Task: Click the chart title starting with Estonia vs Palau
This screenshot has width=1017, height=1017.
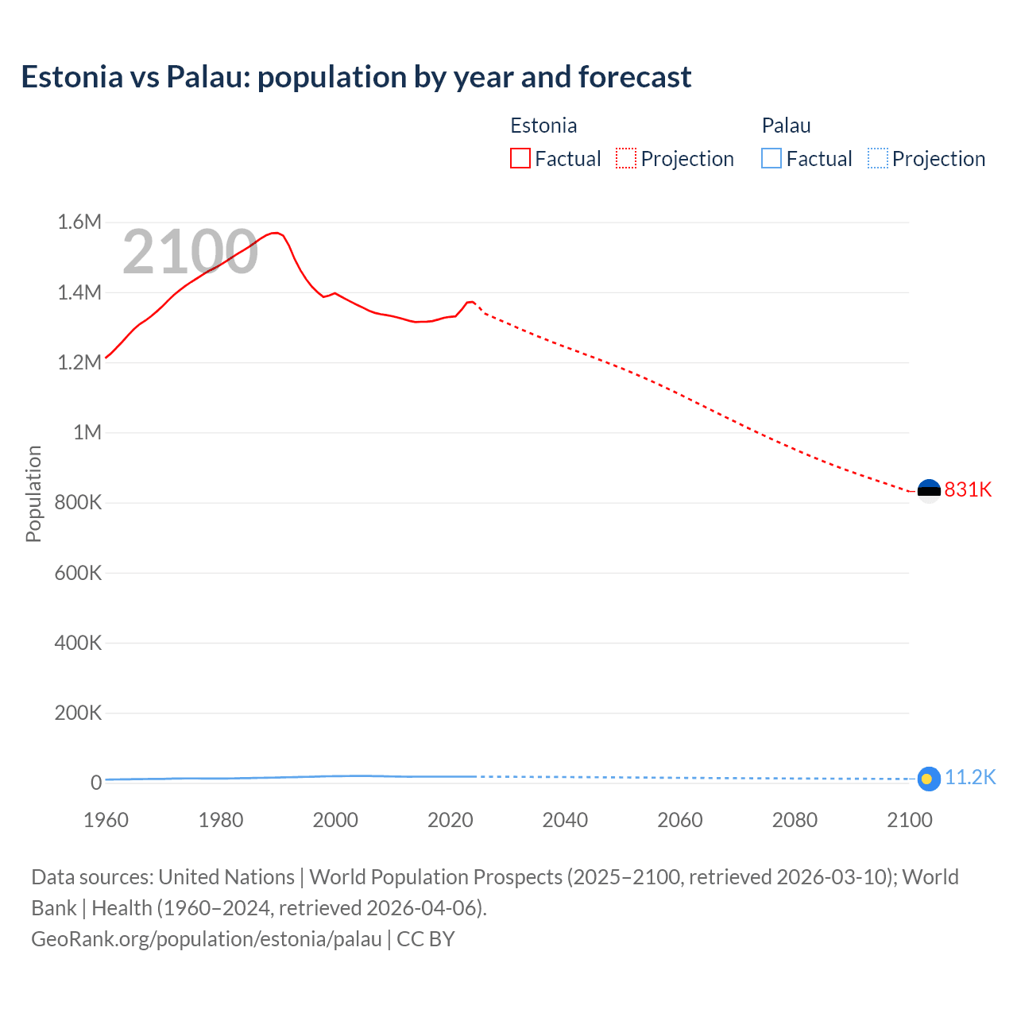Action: tap(356, 77)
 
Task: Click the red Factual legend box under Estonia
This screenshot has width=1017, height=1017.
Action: tap(520, 158)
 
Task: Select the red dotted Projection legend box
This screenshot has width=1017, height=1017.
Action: tap(626, 158)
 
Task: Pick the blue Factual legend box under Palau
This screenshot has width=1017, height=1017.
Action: tap(771, 158)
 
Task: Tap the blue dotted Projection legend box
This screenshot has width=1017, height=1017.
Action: tap(877, 158)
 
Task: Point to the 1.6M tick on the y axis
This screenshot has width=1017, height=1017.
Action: tap(79, 222)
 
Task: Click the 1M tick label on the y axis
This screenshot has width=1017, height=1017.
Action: tap(87, 432)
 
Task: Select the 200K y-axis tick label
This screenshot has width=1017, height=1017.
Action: tap(78, 713)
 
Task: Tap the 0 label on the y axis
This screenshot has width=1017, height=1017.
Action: tap(96, 783)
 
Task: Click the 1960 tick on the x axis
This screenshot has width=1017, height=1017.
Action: tap(106, 820)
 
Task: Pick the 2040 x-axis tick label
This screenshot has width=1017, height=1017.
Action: tap(565, 820)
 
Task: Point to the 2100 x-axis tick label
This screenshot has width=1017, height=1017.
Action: tap(909, 820)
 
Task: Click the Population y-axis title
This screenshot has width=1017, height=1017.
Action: tap(33, 493)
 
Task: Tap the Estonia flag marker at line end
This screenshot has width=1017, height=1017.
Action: tap(929, 491)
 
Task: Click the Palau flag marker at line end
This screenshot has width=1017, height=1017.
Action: tap(929, 779)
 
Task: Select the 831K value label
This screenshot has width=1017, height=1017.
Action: tap(968, 489)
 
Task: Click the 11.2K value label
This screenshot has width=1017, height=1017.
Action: tap(969, 777)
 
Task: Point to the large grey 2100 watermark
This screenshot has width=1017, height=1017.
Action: tap(190, 252)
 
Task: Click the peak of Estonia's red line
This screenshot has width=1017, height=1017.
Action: tap(275, 233)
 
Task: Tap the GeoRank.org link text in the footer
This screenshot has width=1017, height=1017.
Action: tap(207, 938)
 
